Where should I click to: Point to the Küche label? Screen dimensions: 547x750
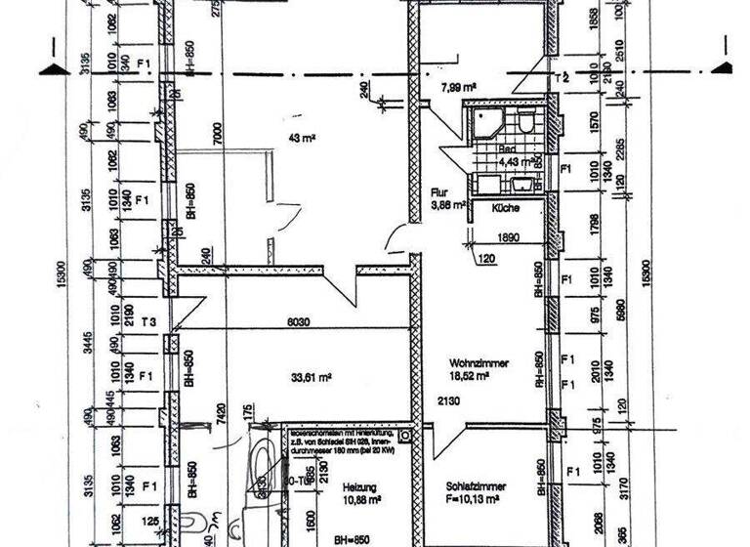[506, 209]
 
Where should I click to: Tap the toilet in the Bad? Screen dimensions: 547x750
[525, 123]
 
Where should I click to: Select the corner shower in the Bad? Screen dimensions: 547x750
[483, 125]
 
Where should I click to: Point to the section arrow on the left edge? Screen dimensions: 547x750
[50, 64]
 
